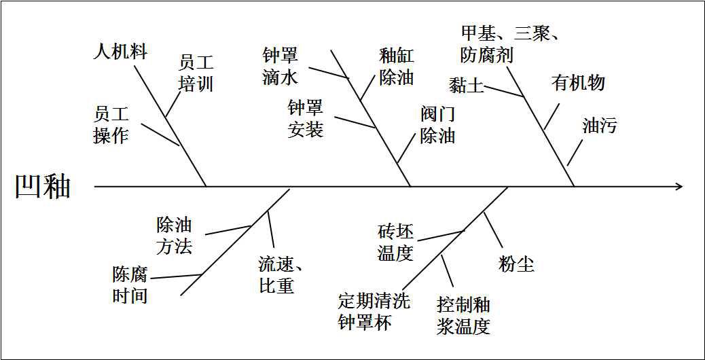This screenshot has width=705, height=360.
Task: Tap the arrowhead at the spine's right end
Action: [x=679, y=186]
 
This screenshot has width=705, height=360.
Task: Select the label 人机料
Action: [x=120, y=52]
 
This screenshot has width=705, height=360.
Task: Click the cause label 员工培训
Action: [x=196, y=73]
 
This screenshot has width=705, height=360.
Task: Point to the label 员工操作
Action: [x=111, y=124]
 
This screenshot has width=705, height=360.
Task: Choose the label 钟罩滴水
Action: [x=280, y=66]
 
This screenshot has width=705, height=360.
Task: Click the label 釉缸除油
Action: [x=397, y=67]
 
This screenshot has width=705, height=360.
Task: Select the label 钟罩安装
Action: [x=305, y=118]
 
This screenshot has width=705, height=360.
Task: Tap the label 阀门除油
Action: [x=437, y=124]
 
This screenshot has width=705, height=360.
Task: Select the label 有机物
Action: [x=578, y=83]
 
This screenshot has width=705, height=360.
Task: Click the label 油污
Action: [x=600, y=125]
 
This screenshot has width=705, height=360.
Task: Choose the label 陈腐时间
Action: [x=130, y=285]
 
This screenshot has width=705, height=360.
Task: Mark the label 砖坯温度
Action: [x=395, y=242]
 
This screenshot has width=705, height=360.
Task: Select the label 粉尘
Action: [x=516, y=264]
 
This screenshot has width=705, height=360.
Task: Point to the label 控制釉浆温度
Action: [x=464, y=315]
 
